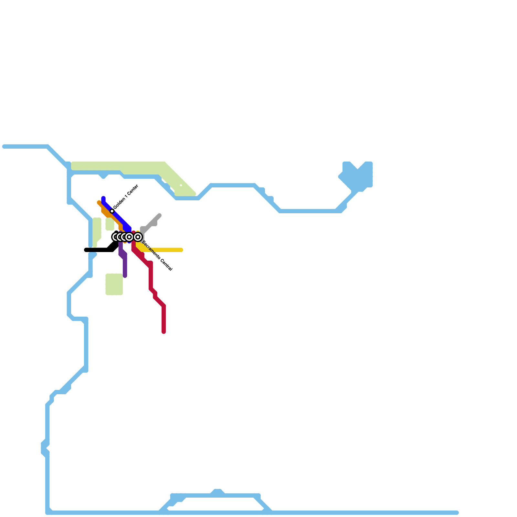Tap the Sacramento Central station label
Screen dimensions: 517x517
157,256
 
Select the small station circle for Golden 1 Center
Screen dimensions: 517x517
112,211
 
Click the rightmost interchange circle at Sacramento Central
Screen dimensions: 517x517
138,237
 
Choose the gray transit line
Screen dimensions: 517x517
150,224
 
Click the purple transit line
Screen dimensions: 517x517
125,265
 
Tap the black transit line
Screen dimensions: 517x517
97,250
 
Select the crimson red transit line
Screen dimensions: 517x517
151,278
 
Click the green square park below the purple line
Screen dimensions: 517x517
114,284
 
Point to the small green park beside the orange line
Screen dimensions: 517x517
110,224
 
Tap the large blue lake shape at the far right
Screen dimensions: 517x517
359,176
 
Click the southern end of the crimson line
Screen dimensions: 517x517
164,332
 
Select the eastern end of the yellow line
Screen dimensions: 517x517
181,250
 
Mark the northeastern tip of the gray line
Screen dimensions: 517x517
159,216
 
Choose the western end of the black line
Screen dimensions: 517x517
86,250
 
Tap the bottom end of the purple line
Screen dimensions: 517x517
125,276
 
